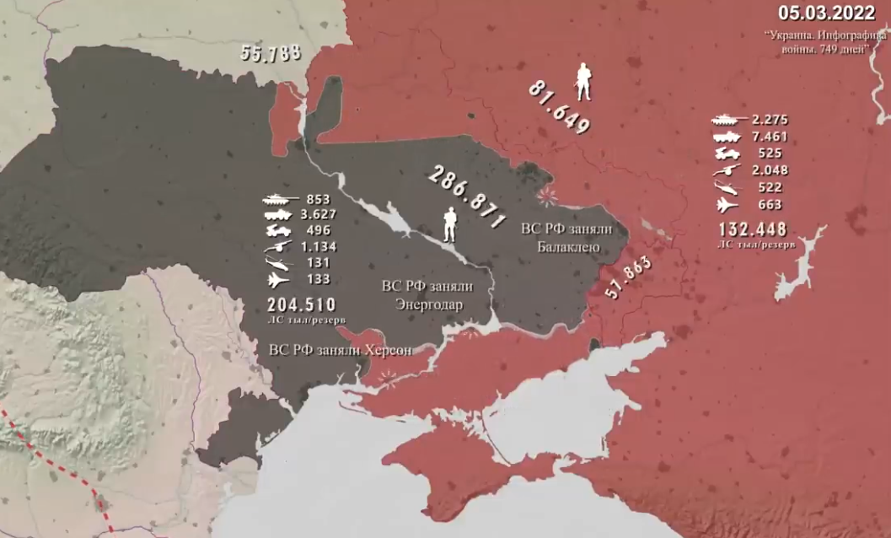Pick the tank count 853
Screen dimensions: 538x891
319,199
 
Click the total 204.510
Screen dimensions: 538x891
301,304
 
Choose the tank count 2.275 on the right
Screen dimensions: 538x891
768,121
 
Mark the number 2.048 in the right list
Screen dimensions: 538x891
768,170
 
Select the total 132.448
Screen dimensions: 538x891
753,229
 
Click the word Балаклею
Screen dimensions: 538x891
568,247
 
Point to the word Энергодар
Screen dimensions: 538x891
428,304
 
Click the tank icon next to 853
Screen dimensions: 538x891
279,200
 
